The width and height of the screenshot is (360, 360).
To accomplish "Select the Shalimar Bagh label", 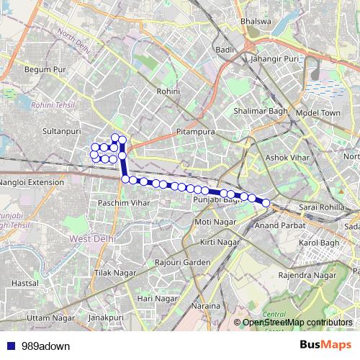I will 260,111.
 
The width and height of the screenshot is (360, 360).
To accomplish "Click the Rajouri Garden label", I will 185,261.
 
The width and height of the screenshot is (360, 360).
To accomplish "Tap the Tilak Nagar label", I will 114,274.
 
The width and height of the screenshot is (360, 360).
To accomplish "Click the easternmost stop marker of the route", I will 266,203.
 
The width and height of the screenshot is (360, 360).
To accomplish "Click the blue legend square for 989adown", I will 8,346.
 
